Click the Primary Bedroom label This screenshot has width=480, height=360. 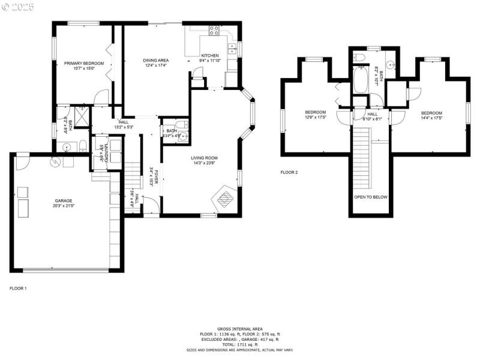click(84, 64)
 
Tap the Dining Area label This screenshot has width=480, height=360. click(155, 60)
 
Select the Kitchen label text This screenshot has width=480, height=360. click(210, 55)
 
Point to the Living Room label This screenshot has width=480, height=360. click(203, 158)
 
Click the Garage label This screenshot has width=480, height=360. click(64, 201)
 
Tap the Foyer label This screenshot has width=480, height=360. click(156, 178)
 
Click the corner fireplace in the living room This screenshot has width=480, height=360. click(225, 197)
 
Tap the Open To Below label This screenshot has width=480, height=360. click(370, 197)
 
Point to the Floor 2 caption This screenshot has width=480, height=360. click(289, 172)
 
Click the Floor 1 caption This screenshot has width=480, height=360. click(18, 288)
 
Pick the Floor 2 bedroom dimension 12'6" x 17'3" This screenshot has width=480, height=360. click(315, 118)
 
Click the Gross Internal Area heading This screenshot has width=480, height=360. click(240, 329)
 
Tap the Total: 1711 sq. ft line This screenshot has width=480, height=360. click(240, 344)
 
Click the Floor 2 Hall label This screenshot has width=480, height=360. click(372, 113)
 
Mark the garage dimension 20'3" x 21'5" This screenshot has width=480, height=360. click(64, 206)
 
